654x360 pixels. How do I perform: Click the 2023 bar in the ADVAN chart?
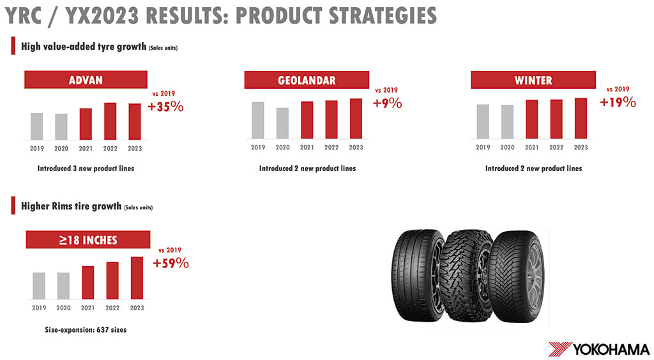[x=135, y=121]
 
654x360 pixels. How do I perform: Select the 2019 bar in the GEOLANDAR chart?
[x=258, y=120]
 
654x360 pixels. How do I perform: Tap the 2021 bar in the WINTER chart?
[x=532, y=119]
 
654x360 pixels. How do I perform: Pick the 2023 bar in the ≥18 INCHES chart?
[x=137, y=278]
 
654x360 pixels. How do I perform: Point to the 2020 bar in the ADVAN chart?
[x=61, y=126]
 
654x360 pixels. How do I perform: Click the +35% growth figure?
[x=165, y=107]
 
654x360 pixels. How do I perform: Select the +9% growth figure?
[x=388, y=103]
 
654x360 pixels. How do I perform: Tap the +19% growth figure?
[x=618, y=102]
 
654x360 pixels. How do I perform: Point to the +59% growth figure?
[x=171, y=264]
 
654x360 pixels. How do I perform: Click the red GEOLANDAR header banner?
[x=307, y=80]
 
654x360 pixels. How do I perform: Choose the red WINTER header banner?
[x=533, y=80]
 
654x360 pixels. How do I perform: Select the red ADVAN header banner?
[x=86, y=80]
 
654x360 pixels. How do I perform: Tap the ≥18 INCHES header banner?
[x=88, y=239]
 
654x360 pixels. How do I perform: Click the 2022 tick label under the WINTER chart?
[x=556, y=147]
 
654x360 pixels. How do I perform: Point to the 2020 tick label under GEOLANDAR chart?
[x=282, y=147]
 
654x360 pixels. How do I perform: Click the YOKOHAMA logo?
[x=599, y=349]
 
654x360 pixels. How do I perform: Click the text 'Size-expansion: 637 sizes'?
[x=86, y=329]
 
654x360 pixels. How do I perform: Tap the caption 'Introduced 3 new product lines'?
[x=86, y=169]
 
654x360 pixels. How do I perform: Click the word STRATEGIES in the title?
[x=383, y=16]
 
